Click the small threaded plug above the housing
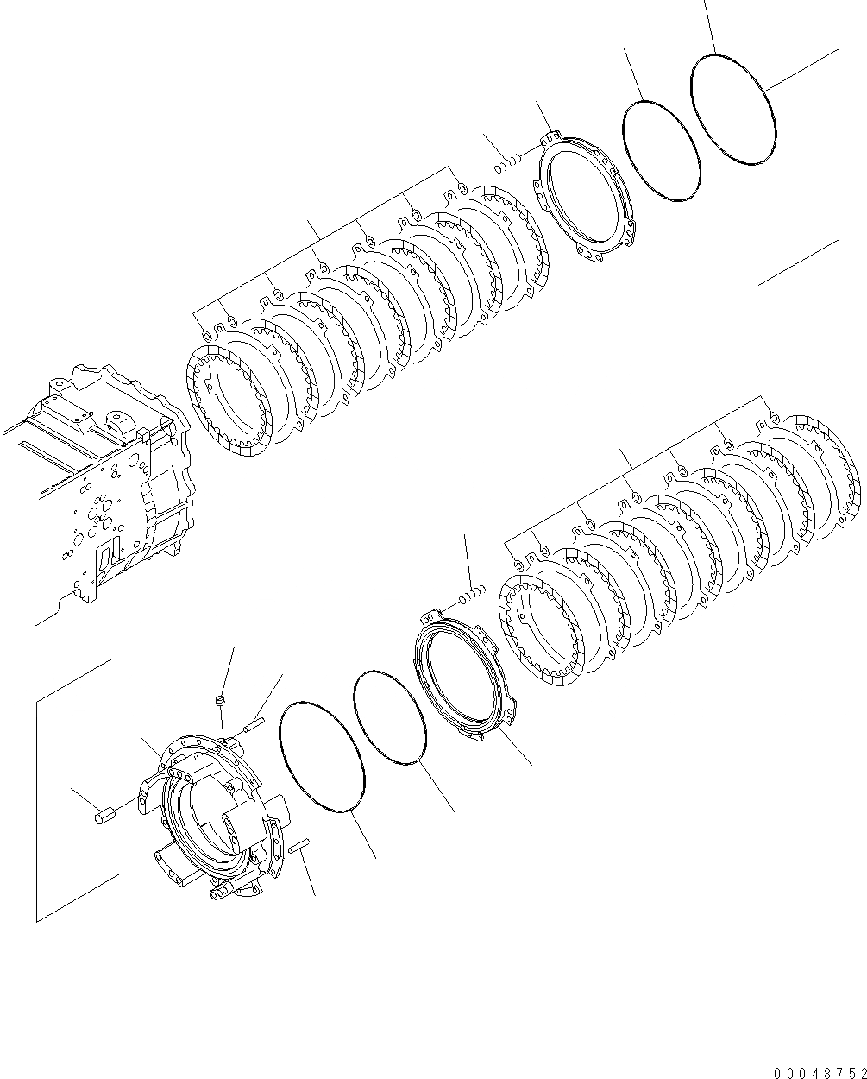point(219,700)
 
